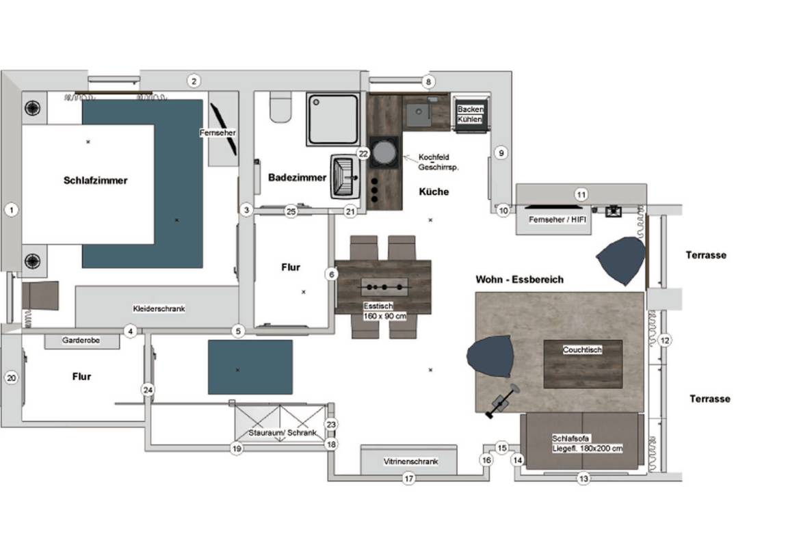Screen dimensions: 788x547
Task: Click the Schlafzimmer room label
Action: [96, 181]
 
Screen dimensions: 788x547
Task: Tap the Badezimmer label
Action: [297, 177]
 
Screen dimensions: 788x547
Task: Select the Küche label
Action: [434, 191]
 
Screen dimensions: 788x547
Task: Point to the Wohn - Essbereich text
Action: [520, 279]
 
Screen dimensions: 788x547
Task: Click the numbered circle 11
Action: [581, 194]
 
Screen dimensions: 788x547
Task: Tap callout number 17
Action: [409, 479]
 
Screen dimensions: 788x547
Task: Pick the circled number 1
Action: [12, 210]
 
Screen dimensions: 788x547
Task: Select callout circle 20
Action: [12, 378]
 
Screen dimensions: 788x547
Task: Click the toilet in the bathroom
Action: [280, 107]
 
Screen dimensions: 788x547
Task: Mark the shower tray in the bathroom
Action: [333, 119]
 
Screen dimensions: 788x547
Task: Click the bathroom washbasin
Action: [345, 177]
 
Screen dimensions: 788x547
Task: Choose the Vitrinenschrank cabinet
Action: [409, 459]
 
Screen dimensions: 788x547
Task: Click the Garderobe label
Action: [81, 340]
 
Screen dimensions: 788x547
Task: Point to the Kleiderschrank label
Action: [159, 308]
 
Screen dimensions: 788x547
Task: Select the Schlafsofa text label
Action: [570, 438]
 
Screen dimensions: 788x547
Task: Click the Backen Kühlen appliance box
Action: [470, 114]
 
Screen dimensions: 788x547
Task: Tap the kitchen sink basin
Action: [419, 115]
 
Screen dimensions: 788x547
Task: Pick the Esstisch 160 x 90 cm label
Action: [384, 311]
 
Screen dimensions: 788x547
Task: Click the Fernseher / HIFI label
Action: [557, 219]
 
